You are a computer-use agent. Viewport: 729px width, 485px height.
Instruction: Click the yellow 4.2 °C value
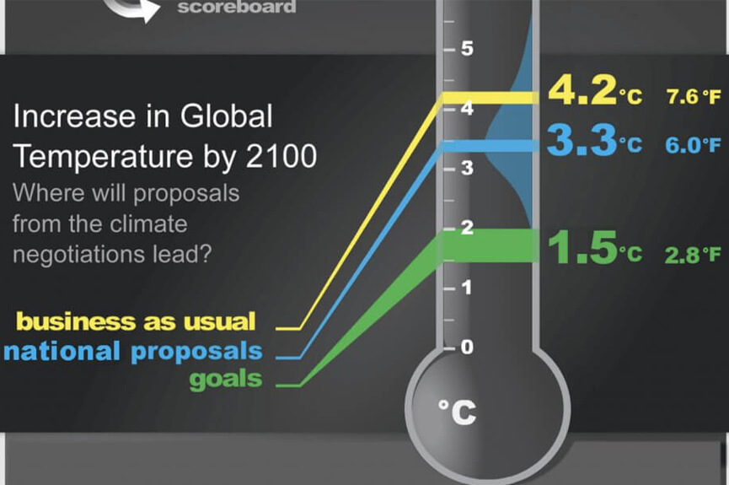click(x=596, y=90)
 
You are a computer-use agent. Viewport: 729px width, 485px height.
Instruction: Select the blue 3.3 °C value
click(x=595, y=140)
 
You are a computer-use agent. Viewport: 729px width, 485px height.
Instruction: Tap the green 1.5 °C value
click(x=595, y=248)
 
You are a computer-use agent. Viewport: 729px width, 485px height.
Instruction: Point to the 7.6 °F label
click(x=694, y=97)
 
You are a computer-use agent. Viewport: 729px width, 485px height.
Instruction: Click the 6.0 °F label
click(x=693, y=145)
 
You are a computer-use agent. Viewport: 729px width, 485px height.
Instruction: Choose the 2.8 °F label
click(x=693, y=255)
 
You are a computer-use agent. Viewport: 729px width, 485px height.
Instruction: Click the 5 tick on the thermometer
click(x=467, y=48)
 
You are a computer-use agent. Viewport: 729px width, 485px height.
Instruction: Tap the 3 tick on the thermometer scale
click(x=467, y=168)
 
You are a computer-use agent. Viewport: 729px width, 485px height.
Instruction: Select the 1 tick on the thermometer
click(x=467, y=287)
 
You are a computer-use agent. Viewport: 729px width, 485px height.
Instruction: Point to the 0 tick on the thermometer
click(x=467, y=347)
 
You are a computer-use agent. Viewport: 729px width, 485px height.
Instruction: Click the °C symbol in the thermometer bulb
click(x=458, y=412)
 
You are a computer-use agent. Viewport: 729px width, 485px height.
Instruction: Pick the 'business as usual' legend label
click(x=136, y=321)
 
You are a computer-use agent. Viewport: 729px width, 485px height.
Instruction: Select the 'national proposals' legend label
click(x=133, y=352)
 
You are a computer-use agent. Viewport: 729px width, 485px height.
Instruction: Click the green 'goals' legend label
click(x=226, y=380)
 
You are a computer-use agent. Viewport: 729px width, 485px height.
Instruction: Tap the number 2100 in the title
click(x=281, y=156)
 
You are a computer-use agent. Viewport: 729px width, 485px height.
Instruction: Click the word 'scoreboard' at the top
click(x=237, y=7)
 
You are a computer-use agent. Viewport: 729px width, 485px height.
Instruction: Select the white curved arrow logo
click(x=131, y=10)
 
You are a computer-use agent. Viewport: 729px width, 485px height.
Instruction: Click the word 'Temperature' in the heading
click(x=102, y=157)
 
